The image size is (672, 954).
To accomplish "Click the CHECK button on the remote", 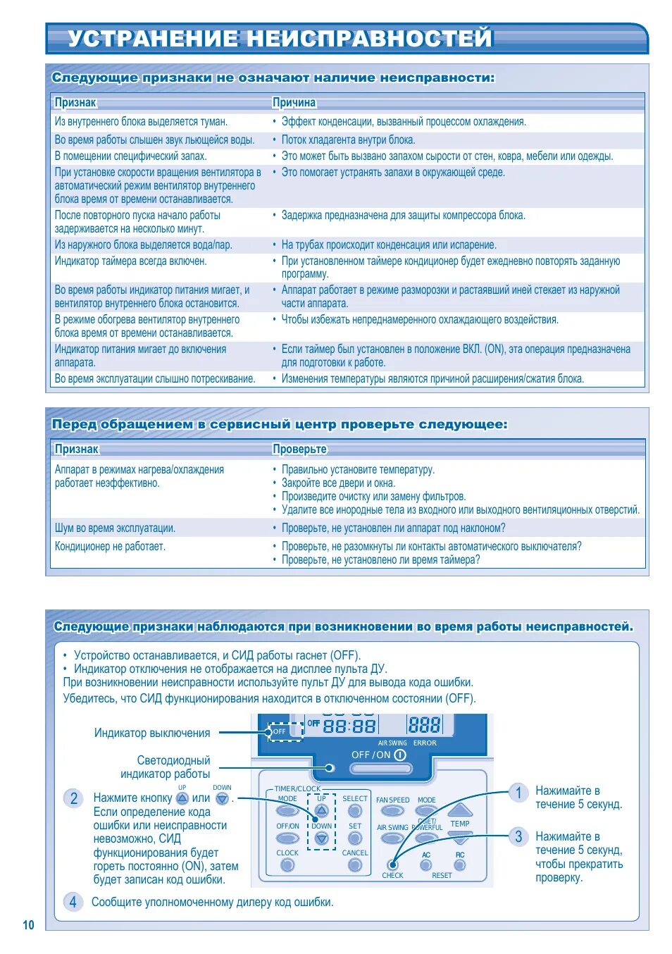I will click(x=392, y=865).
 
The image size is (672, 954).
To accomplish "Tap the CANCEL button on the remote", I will click(x=355, y=865).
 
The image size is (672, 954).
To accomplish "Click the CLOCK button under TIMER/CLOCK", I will click(x=287, y=865).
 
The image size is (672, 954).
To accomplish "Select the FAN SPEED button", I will click(x=392, y=811).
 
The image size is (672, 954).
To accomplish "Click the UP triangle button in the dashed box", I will click(x=322, y=811).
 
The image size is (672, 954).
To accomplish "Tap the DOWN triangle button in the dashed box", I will click(x=322, y=838).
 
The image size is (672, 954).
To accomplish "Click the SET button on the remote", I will click(x=355, y=838).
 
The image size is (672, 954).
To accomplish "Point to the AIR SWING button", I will click(x=392, y=838).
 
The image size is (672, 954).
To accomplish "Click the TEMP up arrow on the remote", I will click(x=460, y=810).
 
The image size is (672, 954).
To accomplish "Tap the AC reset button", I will click(x=426, y=865).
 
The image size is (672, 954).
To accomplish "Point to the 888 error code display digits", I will click(x=424, y=725).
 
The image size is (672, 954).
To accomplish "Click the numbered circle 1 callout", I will click(x=518, y=793).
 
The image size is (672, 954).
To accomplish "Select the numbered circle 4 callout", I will click(x=73, y=902).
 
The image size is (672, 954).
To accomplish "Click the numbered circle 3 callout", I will click(x=518, y=837).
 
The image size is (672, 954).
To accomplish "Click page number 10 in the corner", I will click(x=28, y=925).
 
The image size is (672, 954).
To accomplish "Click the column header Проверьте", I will click(x=300, y=450).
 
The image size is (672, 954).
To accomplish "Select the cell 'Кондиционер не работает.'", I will click(x=111, y=547).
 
